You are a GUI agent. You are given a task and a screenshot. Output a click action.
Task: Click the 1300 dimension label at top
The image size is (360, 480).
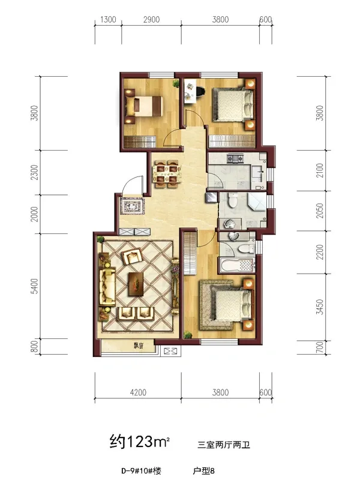point(109,20)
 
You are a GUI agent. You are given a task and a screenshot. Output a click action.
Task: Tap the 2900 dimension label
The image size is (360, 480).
point(152,20)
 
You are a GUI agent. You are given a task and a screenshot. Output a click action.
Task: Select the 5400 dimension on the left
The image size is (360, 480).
point(35,286)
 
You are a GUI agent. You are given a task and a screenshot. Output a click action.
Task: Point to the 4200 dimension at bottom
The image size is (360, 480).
point(138,392)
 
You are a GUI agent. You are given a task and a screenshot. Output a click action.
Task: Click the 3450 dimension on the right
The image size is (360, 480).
point(320,307)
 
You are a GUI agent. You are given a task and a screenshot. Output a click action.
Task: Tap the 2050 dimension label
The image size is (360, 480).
point(320,211)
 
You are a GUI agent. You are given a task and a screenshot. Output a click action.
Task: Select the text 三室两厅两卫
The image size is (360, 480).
point(224,445)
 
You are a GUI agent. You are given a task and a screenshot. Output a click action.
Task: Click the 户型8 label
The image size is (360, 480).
point(204,470)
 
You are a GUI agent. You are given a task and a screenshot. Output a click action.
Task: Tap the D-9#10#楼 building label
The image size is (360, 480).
point(141,470)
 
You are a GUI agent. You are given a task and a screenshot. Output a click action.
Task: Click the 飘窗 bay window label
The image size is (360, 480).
point(139,346)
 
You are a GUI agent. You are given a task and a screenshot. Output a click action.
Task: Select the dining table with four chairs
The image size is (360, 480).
point(167,173)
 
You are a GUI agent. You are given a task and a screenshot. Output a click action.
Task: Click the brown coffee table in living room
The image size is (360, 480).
point(136,284)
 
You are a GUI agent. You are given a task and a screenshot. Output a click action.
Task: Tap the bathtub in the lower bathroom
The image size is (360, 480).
point(236,265)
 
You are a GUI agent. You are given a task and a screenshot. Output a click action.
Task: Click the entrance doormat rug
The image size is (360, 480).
point(132,206)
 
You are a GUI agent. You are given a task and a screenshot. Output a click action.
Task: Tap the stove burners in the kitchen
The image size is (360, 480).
point(235,158)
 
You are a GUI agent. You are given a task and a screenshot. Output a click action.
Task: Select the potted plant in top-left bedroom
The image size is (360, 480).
point(176,83)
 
